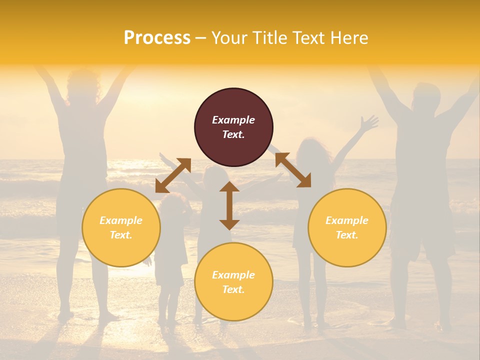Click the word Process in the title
click(x=157, y=38)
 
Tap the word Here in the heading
click(x=349, y=38)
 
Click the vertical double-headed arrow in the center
click(x=229, y=205)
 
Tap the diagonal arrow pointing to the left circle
click(x=173, y=175)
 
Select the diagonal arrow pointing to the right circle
click(x=293, y=170)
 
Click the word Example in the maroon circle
click(x=233, y=120)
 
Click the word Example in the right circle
click(x=347, y=220)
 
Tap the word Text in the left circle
click(x=120, y=235)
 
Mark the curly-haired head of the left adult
click(x=82, y=85)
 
